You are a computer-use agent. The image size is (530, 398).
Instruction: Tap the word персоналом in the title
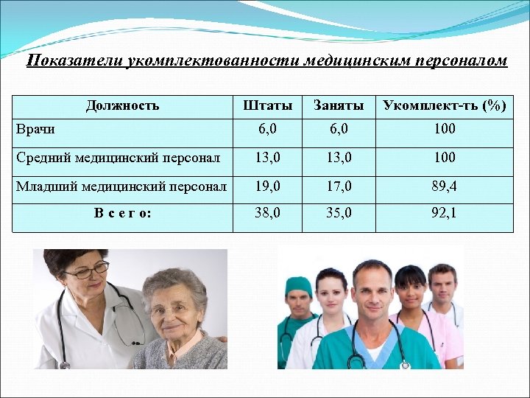click(x=462, y=60)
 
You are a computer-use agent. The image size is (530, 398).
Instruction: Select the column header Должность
click(x=122, y=105)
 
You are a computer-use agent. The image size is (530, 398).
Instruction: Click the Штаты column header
click(x=263, y=105)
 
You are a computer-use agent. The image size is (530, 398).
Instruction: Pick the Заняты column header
click(x=338, y=105)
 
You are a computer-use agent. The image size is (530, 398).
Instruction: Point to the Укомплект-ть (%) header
click(x=444, y=105)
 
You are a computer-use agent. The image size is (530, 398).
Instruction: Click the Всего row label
click(x=123, y=214)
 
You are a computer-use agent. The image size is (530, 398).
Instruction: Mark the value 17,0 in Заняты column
click(x=338, y=187)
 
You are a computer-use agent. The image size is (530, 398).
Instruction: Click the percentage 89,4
click(x=444, y=187)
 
